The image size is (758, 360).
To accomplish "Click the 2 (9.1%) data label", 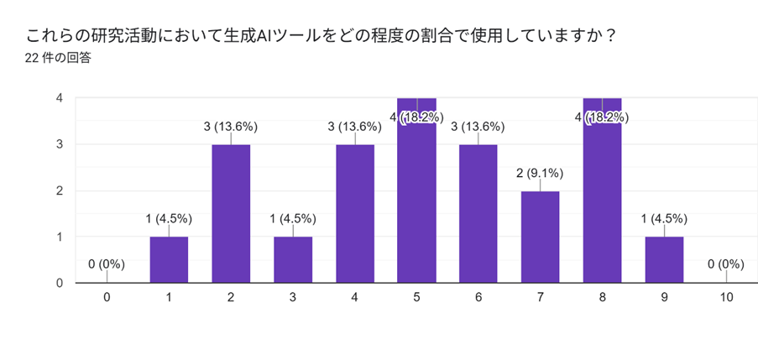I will [x=541, y=174].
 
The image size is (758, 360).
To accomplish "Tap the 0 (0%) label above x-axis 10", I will [x=726, y=264].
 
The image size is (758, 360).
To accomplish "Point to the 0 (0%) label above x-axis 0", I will [x=107, y=264].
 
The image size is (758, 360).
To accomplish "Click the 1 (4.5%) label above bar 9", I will [x=664, y=219].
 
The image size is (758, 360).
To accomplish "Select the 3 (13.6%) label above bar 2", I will [x=231, y=127].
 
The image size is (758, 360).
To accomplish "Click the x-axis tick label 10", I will [x=726, y=297].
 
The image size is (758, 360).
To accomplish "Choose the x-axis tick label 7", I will [x=541, y=297].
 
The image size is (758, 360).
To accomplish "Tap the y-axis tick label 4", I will [x=60, y=98].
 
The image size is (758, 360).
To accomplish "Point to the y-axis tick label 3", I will [x=60, y=144].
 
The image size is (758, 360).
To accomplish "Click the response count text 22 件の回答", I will [x=59, y=58].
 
